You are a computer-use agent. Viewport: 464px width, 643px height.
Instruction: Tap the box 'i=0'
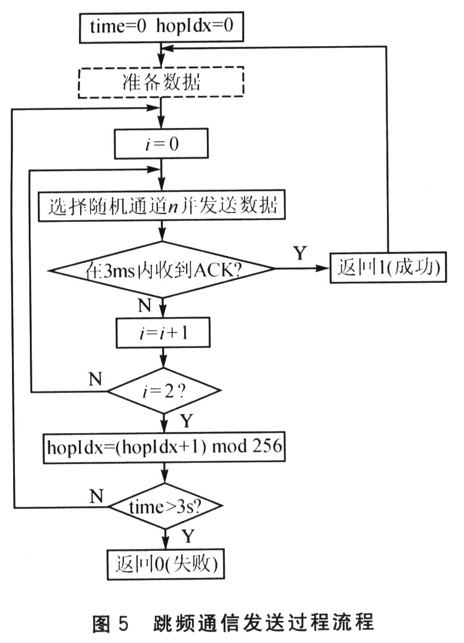(161, 144)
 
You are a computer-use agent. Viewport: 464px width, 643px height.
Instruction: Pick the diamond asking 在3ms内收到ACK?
(162, 269)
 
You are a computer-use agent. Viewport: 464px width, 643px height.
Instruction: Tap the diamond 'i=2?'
(163, 391)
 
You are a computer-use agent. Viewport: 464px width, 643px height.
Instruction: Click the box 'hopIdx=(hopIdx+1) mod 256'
(162, 447)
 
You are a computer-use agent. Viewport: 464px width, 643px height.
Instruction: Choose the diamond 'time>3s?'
(163, 507)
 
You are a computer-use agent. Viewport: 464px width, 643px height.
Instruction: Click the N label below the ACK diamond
(144, 306)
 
